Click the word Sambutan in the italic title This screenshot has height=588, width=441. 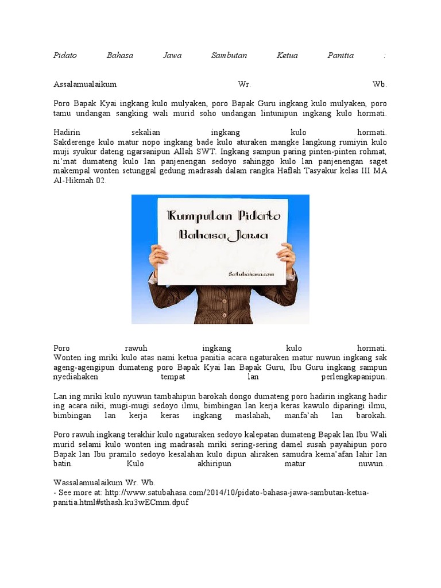tap(229, 56)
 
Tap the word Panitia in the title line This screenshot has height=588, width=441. tap(341, 56)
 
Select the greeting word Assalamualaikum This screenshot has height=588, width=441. tap(85, 84)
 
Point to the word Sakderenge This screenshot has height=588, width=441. tap(73, 142)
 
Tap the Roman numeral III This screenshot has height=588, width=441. tap(366, 171)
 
